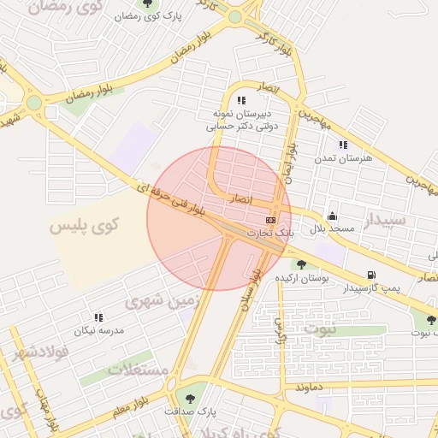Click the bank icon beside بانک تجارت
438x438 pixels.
pos(270,220)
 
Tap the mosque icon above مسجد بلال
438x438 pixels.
pos(332,216)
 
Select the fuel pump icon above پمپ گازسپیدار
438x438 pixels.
pos(370,275)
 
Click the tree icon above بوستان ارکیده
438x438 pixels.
pos(301,263)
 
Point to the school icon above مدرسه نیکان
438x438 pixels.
pos(98,317)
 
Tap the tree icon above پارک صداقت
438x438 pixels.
pos(190,398)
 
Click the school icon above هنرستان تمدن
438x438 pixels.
pos(342,145)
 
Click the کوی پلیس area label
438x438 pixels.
pos(84,227)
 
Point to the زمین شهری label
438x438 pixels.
pos(161,300)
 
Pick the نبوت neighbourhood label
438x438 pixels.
pos(322,328)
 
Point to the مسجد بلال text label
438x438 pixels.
pos(326,230)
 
